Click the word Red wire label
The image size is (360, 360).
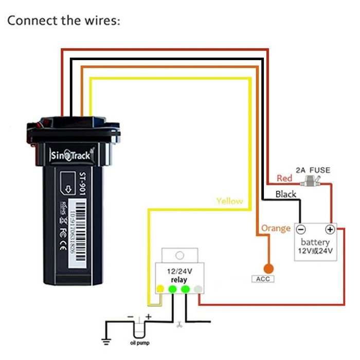click(x=284, y=178)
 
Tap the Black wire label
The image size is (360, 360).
click(x=286, y=194)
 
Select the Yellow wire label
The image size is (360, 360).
click(x=229, y=201)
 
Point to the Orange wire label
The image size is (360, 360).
click(x=276, y=228)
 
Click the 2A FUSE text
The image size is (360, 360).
click(x=313, y=170)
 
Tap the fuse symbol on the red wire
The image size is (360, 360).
click(x=313, y=181)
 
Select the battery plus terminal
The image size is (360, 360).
click(x=330, y=229)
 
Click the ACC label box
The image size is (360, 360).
click(x=263, y=279)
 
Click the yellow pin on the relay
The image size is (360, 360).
click(x=160, y=289)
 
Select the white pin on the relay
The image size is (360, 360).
click(x=197, y=289)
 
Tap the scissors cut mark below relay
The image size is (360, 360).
click(x=178, y=324)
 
